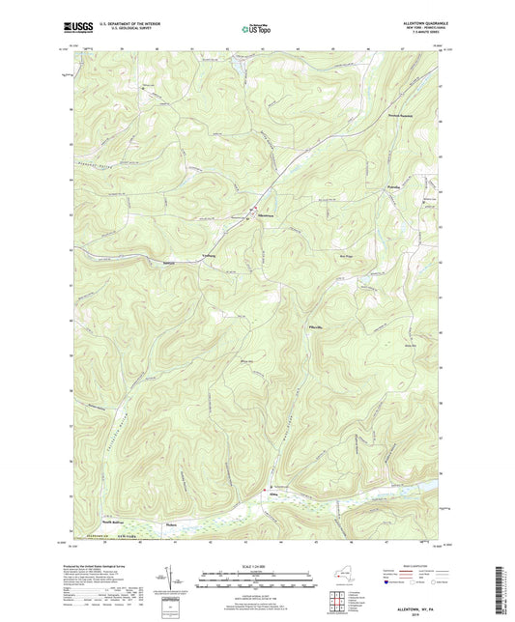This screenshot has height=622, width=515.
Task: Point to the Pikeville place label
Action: pos(314,328)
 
